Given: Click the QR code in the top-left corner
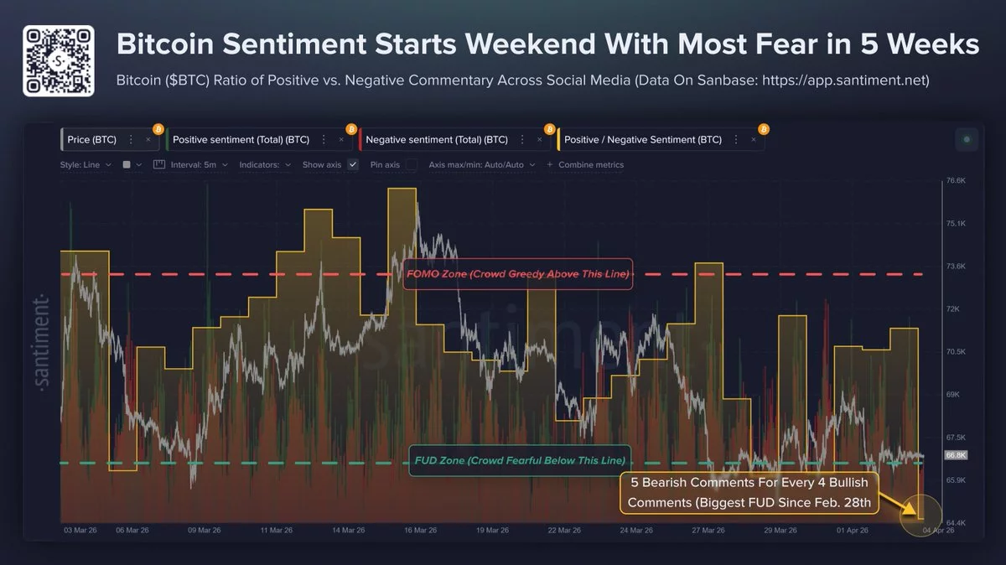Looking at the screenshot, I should [58, 61].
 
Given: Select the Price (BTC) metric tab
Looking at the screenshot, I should [92, 140].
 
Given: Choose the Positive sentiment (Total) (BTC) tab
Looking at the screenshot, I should [241, 140].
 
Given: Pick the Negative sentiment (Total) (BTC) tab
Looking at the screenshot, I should [436, 140].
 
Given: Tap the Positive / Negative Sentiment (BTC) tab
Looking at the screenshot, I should [642, 140].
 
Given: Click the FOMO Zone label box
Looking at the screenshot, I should [516, 274].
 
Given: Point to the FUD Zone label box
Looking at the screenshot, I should [520, 461].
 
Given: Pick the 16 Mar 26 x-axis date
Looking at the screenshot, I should [422, 531].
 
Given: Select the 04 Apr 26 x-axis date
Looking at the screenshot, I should [936, 531].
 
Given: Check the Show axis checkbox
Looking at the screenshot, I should [353, 165].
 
